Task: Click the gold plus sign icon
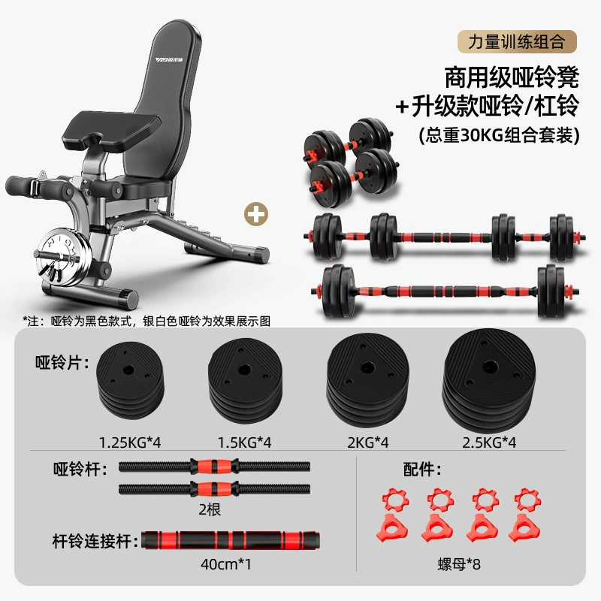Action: (x=256, y=214)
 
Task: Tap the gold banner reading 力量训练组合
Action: (x=517, y=41)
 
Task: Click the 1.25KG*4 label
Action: (x=130, y=442)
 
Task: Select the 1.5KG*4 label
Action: (x=245, y=442)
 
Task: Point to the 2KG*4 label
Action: (x=368, y=442)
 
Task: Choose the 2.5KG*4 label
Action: (x=489, y=442)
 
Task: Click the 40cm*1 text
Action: (x=226, y=564)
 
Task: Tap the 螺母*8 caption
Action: (x=459, y=564)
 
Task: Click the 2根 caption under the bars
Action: (x=210, y=510)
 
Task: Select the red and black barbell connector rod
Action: (x=231, y=540)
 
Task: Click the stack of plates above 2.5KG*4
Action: (x=489, y=379)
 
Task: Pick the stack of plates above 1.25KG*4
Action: (x=130, y=379)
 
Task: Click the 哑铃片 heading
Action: (x=62, y=362)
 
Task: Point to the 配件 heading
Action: (x=422, y=469)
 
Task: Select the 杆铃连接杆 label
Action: (x=95, y=541)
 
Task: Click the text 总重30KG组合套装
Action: (x=499, y=135)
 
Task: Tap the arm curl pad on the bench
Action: (x=111, y=128)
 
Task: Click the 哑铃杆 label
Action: (x=80, y=469)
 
